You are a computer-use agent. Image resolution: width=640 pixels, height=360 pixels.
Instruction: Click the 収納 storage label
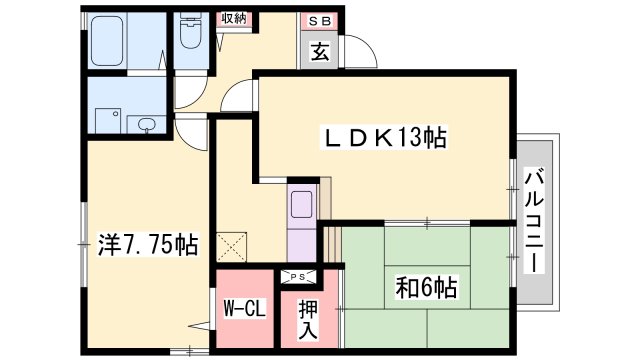click(x=235, y=18)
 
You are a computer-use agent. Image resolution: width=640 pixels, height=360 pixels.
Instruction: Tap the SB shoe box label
click(x=318, y=19)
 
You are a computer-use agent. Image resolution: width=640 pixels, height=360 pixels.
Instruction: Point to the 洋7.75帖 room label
click(x=146, y=242)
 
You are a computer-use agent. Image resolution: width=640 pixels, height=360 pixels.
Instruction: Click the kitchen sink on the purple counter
click(x=302, y=207)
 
